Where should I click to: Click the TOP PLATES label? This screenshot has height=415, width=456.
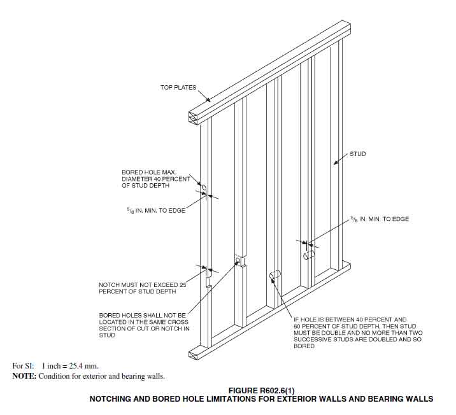(178, 87)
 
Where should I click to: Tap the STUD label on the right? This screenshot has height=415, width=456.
(358, 154)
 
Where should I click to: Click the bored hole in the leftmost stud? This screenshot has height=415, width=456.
(204, 188)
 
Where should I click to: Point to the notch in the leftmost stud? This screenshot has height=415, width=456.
(208, 281)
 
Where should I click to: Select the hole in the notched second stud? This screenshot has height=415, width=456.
(238, 260)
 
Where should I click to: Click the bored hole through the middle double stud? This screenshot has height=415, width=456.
(275, 274)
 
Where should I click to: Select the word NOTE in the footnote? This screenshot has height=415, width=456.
(24, 376)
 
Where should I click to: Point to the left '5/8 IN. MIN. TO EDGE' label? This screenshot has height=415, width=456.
(156, 210)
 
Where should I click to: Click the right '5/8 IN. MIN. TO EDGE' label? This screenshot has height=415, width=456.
(380, 219)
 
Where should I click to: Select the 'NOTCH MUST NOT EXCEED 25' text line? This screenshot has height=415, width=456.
(143, 285)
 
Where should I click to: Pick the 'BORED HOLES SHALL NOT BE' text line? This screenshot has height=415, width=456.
(143, 316)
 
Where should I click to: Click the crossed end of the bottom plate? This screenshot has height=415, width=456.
(194, 355)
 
